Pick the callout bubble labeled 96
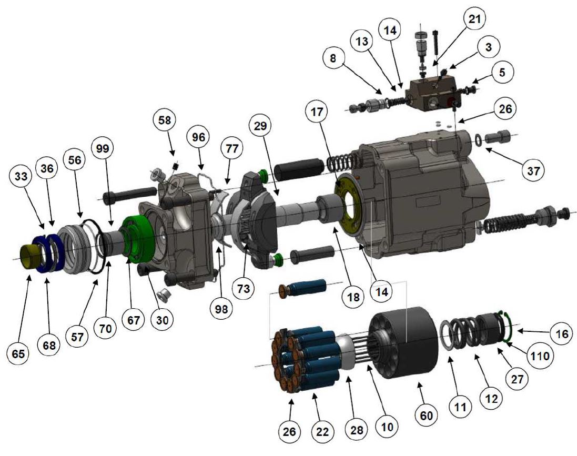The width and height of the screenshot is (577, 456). (x=198, y=138)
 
